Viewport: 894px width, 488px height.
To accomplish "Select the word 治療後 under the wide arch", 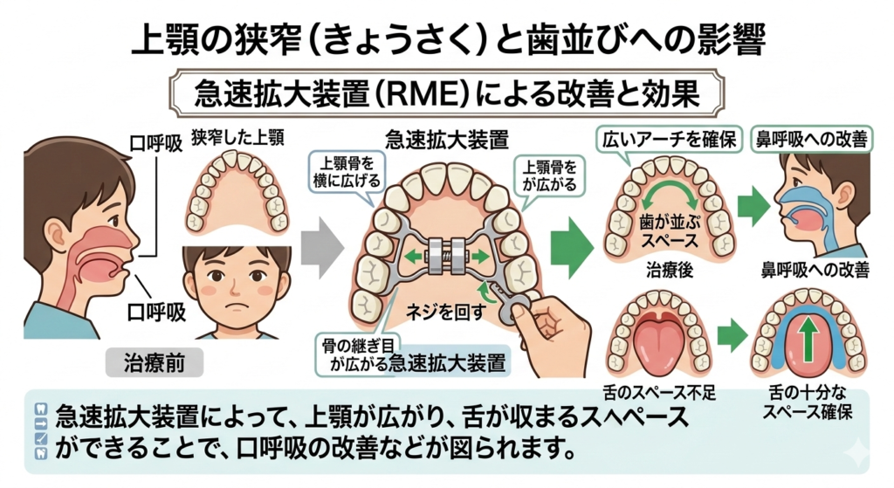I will [670, 271].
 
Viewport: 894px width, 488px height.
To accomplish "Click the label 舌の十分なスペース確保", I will [805, 402].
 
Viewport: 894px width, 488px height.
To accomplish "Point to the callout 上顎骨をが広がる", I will [550, 173].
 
